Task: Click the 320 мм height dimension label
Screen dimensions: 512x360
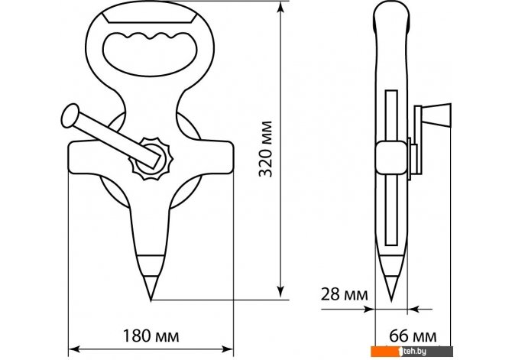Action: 265,149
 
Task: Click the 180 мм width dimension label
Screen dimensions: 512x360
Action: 151,336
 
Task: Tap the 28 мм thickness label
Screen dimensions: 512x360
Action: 344,294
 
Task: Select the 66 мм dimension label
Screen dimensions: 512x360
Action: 413,336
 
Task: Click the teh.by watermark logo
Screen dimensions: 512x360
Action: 412,351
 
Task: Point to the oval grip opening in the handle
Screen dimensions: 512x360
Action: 150,54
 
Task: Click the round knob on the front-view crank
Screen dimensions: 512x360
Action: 70,115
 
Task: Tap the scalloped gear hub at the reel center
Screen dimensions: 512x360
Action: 151,158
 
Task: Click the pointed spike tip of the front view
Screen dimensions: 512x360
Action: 151,300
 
